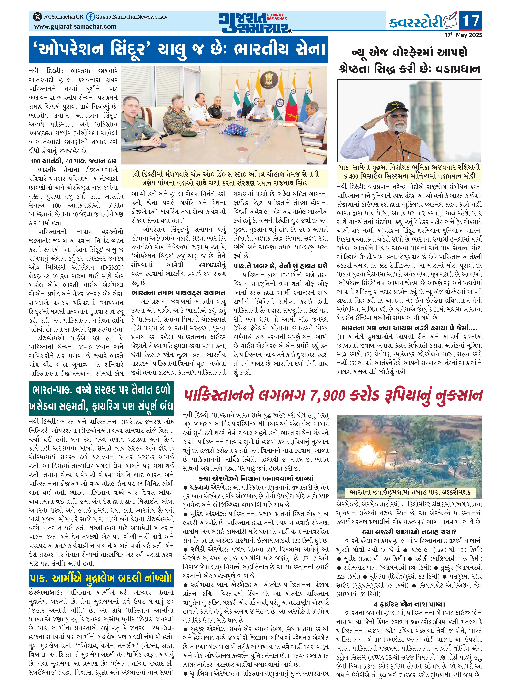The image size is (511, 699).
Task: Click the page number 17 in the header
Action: click(470, 21)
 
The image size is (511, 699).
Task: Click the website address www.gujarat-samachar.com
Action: click(75, 27)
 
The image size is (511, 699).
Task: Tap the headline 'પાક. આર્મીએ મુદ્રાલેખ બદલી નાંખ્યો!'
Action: click(101, 578)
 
